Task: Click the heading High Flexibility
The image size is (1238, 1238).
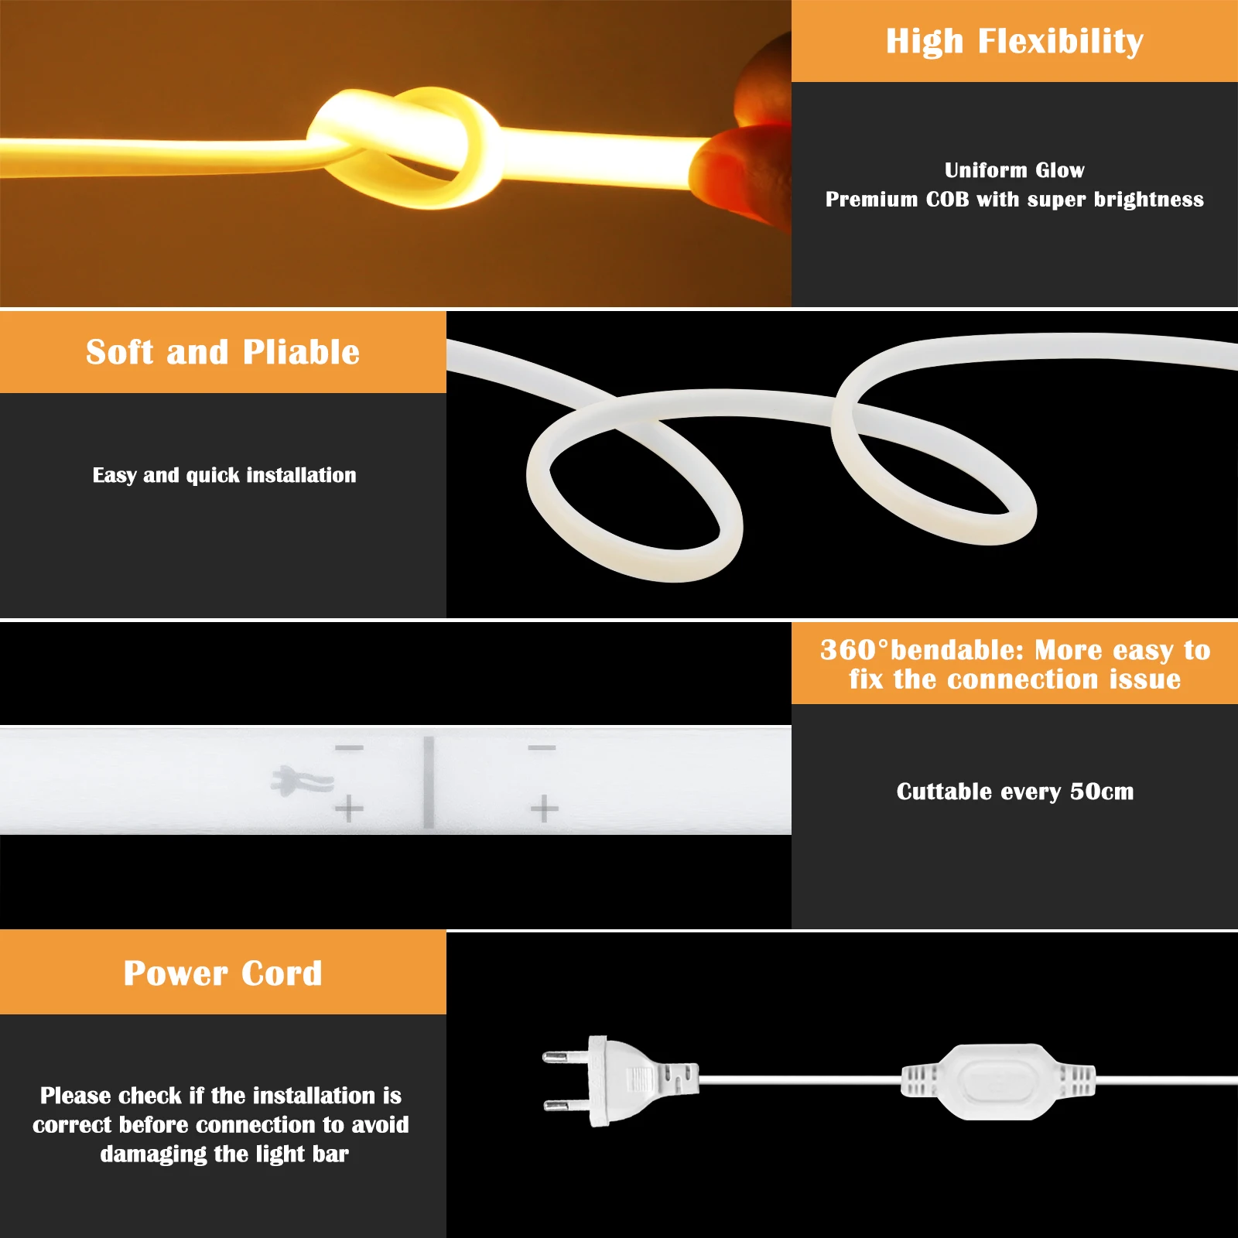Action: pyautogui.click(x=1014, y=41)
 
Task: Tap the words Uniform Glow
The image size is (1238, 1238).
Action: pyautogui.click(x=1014, y=170)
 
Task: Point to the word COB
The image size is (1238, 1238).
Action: pyautogui.click(x=947, y=200)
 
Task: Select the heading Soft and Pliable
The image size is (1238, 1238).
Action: pyautogui.click(x=223, y=352)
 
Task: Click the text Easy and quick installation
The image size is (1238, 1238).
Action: pyautogui.click(x=224, y=475)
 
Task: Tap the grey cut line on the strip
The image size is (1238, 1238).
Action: pyautogui.click(x=429, y=781)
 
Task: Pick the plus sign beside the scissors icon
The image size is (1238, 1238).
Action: pyautogui.click(x=349, y=809)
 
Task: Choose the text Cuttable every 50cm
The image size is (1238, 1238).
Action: pyautogui.click(x=1014, y=792)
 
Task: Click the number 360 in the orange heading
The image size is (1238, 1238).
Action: pyautogui.click(x=848, y=650)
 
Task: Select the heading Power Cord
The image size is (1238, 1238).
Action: pyautogui.click(x=223, y=973)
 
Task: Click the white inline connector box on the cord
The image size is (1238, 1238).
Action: pyautogui.click(x=998, y=1081)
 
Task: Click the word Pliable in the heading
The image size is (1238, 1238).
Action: pyautogui.click(x=301, y=352)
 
